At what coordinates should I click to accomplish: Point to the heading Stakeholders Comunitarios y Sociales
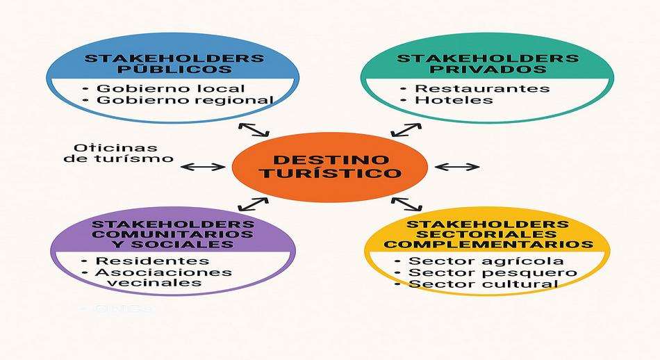tap(173, 234)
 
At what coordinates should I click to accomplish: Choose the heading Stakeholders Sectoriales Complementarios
tap(488, 234)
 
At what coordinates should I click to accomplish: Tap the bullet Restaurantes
tap(481, 88)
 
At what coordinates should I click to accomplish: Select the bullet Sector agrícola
tap(486, 261)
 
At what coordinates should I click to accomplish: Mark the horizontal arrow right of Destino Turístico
tap(456, 167)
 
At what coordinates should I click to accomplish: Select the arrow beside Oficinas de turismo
tap(203, 167)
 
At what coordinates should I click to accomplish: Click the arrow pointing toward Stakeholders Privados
tap(406, 130)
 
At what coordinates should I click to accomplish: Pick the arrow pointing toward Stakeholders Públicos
tap(253, 129)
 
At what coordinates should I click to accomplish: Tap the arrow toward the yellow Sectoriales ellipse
tap(407, 204)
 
